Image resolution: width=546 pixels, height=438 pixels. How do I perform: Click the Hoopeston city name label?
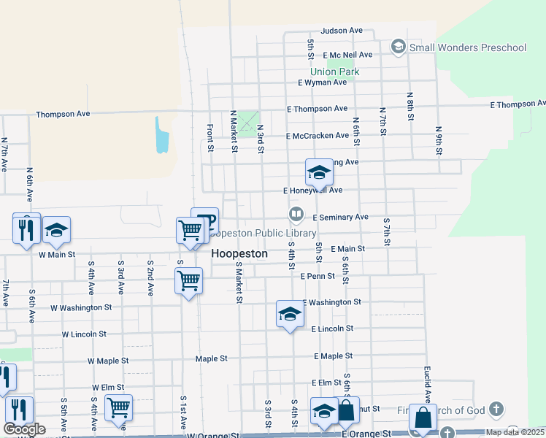coord(239,254)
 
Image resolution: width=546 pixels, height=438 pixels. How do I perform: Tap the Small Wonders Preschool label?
coord(467,48)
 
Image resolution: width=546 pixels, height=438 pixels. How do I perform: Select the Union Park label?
coord(334,72)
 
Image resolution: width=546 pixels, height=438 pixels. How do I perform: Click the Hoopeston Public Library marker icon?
coord(296,215)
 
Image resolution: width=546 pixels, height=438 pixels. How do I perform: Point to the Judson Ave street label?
coord(342,31)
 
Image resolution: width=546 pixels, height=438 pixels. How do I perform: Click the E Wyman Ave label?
coord(322,82)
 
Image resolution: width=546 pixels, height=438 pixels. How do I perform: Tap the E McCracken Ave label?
coord(318,136)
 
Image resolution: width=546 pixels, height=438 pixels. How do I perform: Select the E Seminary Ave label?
coord(340,218)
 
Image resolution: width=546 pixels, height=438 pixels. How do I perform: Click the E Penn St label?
coord(318,276)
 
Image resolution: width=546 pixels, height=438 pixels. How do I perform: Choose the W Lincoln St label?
coord(84,334)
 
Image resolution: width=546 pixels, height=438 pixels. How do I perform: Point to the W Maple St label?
coord(108,361)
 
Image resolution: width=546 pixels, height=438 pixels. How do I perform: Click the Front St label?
coord(209,137)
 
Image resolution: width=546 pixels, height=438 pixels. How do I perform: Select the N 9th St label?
coord(438,140)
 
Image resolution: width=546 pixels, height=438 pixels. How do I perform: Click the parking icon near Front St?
coord(205,220)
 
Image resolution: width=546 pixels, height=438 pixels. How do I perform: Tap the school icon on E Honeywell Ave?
coord(319,172)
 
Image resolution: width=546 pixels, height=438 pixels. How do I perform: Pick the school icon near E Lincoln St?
coord(290,314)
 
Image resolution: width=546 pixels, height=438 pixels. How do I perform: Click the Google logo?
coord(25,429)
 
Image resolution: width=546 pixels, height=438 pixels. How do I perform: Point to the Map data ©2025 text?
coord(515,432)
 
